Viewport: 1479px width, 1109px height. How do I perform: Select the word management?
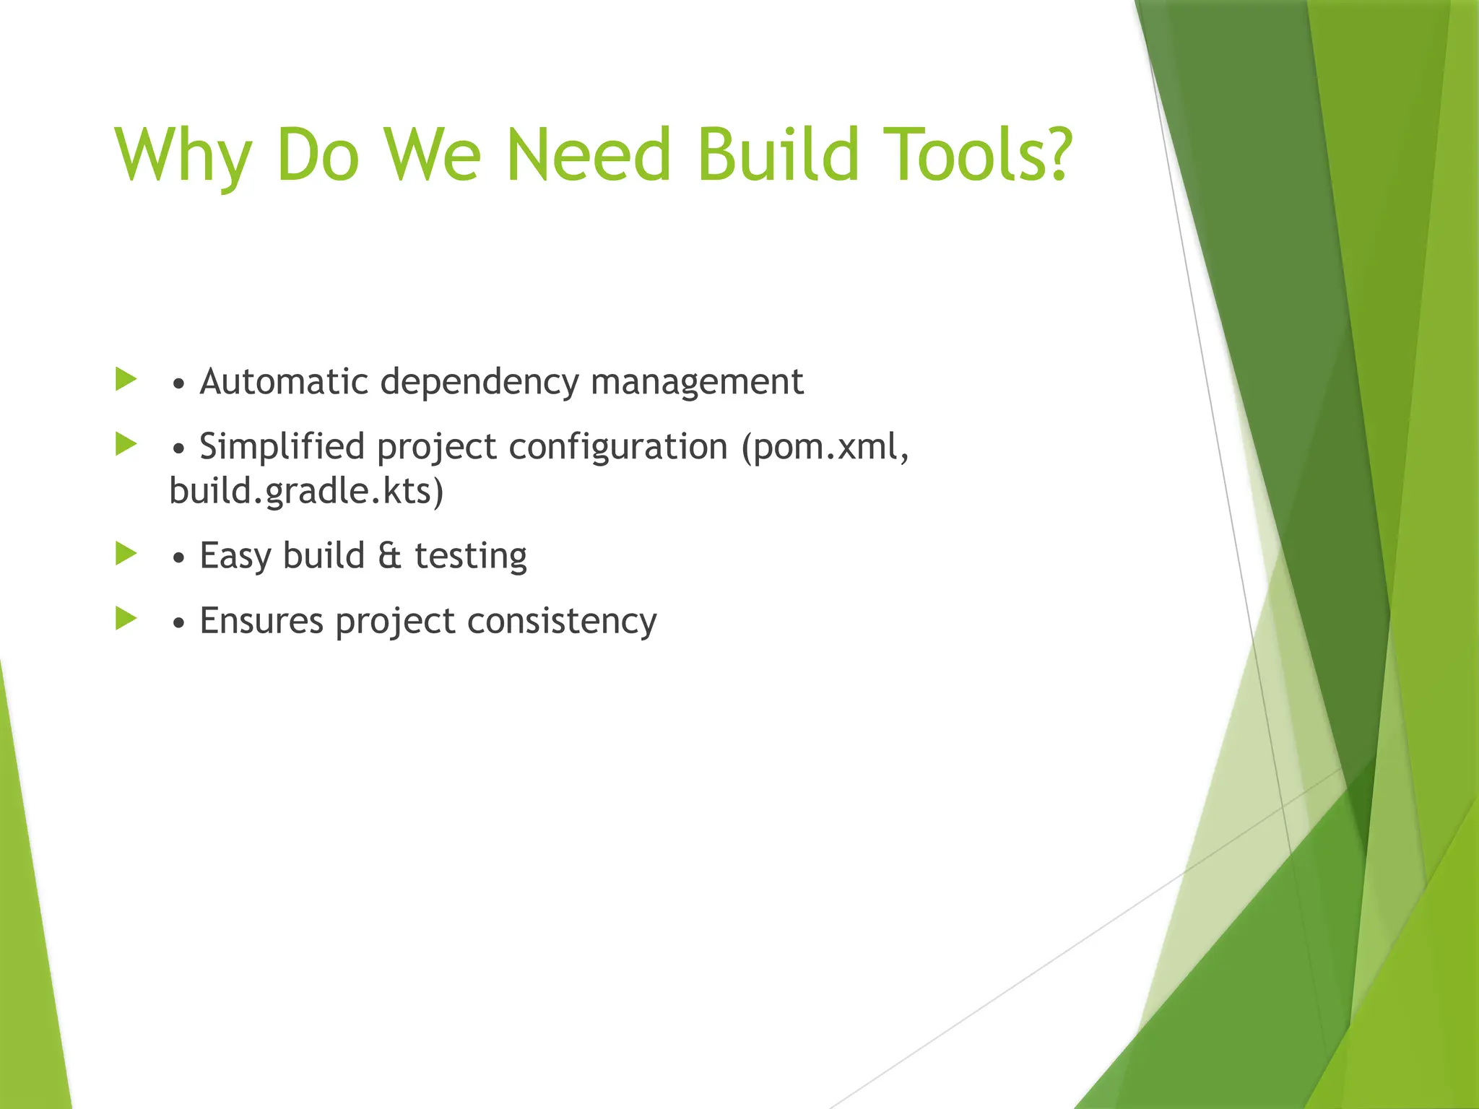tap(697, 383)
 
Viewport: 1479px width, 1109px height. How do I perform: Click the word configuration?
tap(618, 448)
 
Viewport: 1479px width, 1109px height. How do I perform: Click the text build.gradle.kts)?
tap(306, 492)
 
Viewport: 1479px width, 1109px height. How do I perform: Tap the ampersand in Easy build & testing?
tap(389, 556)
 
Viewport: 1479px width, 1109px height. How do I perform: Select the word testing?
tap(471, 557)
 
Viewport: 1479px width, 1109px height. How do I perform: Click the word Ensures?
tap(261, 621)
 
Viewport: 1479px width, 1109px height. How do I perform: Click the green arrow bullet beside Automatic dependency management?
tap(126, 380)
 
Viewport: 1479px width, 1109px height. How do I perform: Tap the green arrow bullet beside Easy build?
tap(126, 554)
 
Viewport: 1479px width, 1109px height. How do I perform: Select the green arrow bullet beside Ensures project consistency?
tap(126, 619)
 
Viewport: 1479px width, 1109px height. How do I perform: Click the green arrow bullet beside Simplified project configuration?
tap(126, 445)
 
